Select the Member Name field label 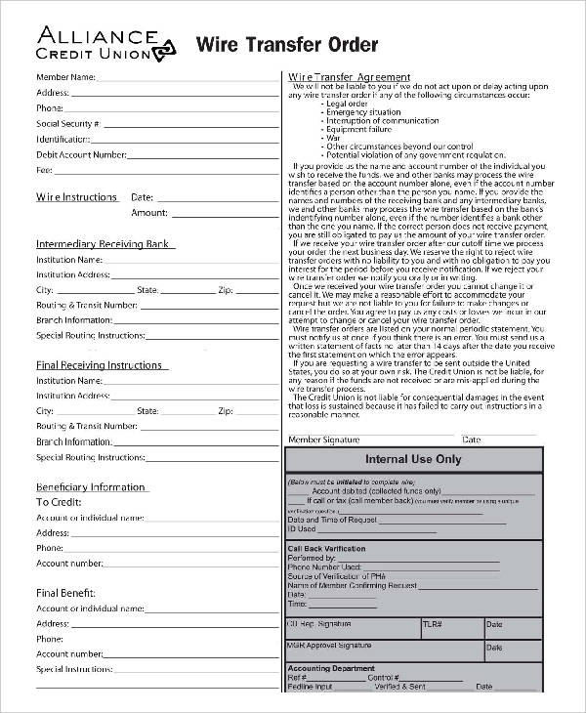click(65, 76)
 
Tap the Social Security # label click(68, 124)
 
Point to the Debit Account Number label click(81, 154)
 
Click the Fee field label click(44, 170)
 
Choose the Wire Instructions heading click(77, 197)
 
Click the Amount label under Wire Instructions click(149, 213)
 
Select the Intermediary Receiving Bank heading click(103, 244)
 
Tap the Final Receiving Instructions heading click(100, 365)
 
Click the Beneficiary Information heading click(91, 486)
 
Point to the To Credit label click(59, 502)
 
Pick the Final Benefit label click(65, 592)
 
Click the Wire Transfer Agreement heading click(349, 77)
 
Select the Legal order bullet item click(347, 104)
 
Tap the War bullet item click(333, 138)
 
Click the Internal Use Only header click(413, 459)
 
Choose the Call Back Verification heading click(326, 549)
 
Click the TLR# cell click(433, 624)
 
